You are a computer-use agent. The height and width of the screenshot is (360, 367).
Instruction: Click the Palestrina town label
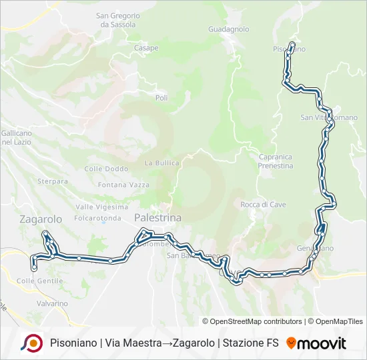tap(158, 218)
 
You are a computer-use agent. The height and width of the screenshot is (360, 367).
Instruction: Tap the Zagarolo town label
tap(40, 219)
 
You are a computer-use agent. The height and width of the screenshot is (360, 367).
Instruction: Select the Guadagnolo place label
tap(228, 29)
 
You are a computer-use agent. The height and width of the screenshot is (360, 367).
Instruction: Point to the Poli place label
tap(161, 98)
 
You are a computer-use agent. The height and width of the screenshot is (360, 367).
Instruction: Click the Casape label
tap(146, 48)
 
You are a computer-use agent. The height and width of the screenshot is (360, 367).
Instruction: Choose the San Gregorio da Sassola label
tap(118, 20)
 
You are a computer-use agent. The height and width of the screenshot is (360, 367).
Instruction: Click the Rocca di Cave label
tap(263, 205)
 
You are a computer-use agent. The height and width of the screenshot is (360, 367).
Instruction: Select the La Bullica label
tap(162, 163)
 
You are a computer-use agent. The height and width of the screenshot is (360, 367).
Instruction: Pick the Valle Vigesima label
tap(101, 207)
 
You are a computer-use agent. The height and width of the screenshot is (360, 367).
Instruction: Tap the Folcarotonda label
tap(97, 218)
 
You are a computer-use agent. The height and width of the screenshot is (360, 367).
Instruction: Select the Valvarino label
tap(52, 303)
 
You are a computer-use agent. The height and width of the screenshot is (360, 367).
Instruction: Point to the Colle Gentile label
tap(35, 281)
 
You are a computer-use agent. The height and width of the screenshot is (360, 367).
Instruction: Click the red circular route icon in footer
tap(31, 343)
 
